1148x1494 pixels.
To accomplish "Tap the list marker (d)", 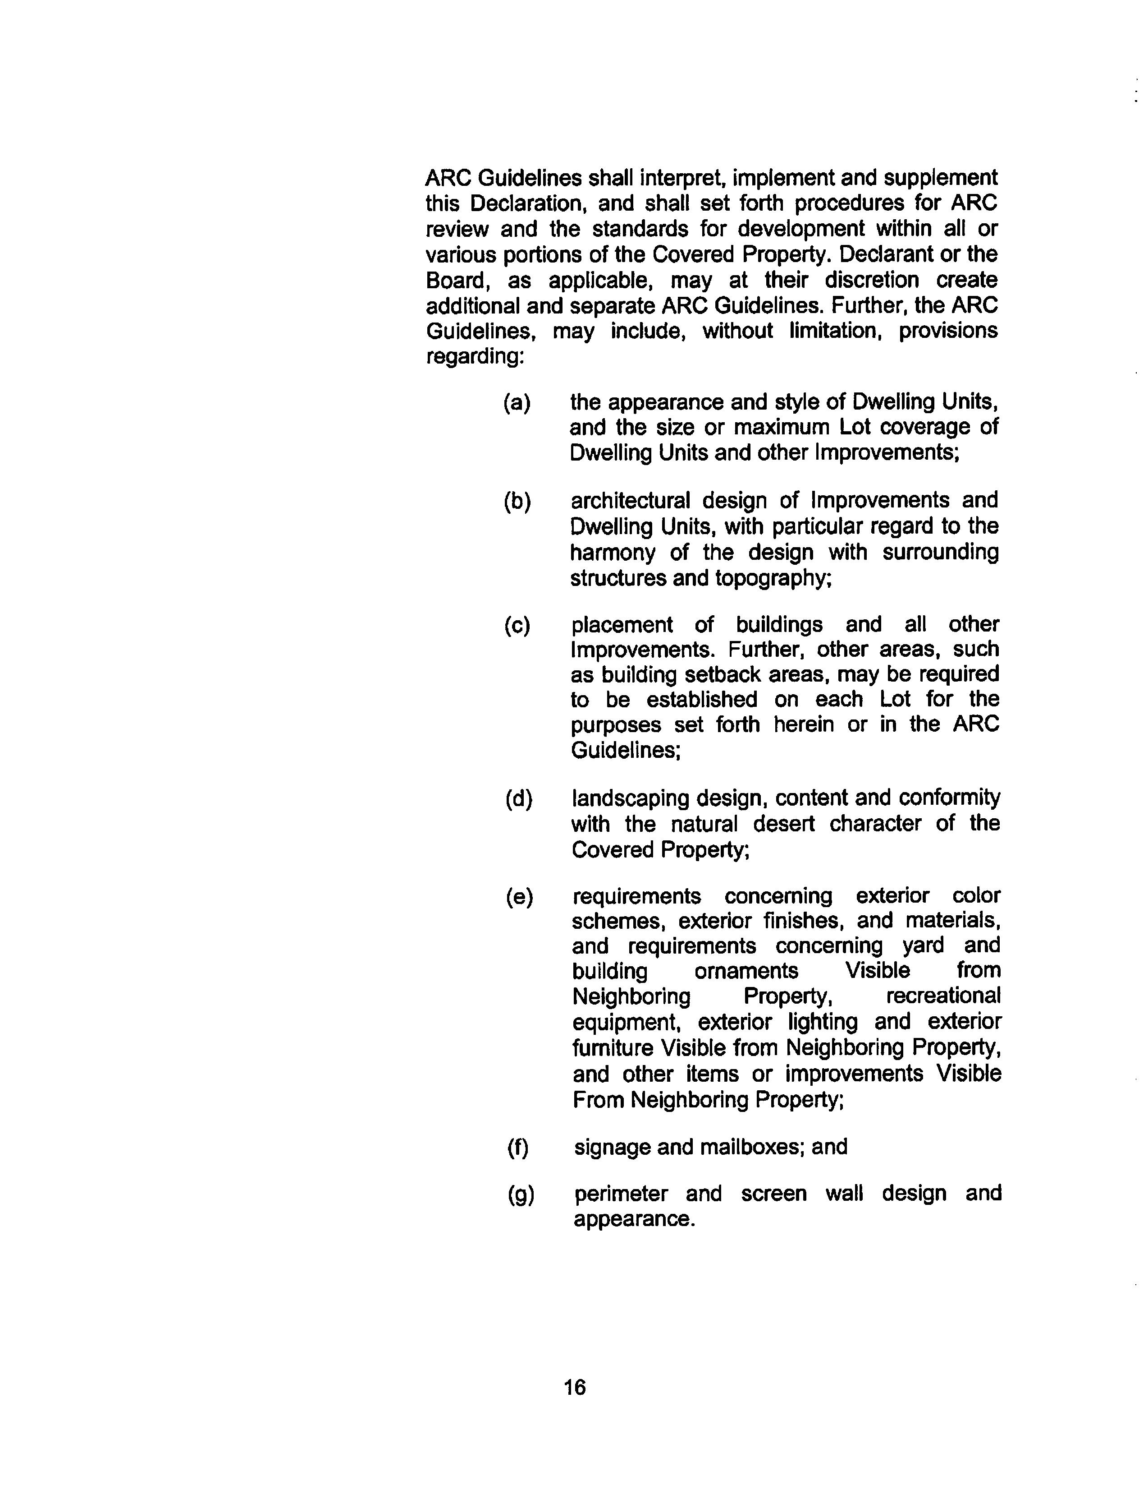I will pos(519,798).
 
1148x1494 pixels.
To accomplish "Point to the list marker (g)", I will pos(521,1194).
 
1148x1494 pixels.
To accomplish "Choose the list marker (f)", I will pos(518,1147).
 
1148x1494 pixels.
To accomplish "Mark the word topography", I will pos(772,578).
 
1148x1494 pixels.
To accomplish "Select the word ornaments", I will pos(746,971).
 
